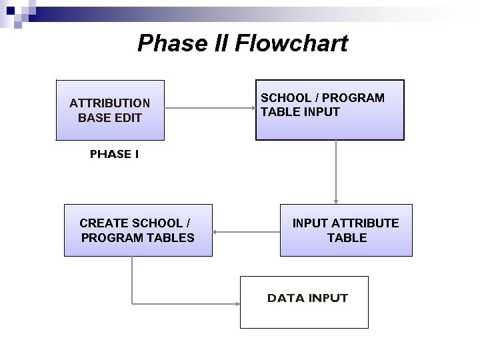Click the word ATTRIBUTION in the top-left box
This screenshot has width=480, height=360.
[110, 103]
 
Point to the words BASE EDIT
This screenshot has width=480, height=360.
[110, 118]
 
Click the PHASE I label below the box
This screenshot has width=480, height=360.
[115, 154]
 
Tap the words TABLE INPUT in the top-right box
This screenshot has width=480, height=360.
[300, 112]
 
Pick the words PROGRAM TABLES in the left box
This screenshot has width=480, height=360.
[137, 237]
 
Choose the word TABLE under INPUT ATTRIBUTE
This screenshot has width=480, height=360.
[347, 237]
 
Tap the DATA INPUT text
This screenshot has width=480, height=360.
[307, 298]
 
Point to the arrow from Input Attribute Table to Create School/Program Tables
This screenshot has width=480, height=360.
[246, 233]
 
